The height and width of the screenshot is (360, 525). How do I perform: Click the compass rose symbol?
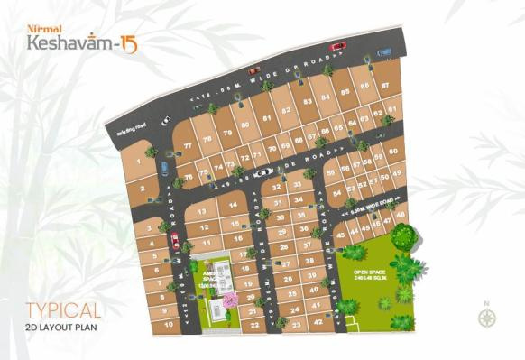(488, 317)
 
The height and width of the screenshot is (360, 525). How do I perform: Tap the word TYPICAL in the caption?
(63, 310)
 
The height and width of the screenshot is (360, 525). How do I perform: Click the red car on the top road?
(338, 46)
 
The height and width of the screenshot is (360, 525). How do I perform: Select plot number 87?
(385, 86)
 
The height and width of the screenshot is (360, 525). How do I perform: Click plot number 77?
(188, 145)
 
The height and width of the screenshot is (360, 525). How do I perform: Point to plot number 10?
(166, 322)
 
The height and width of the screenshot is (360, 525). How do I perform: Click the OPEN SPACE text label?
(369, 272)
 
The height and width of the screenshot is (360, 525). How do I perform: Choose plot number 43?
(341, 234)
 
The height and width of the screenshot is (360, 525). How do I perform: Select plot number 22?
(256, 324)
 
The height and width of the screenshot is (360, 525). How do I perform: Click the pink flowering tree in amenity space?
(230, 299)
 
